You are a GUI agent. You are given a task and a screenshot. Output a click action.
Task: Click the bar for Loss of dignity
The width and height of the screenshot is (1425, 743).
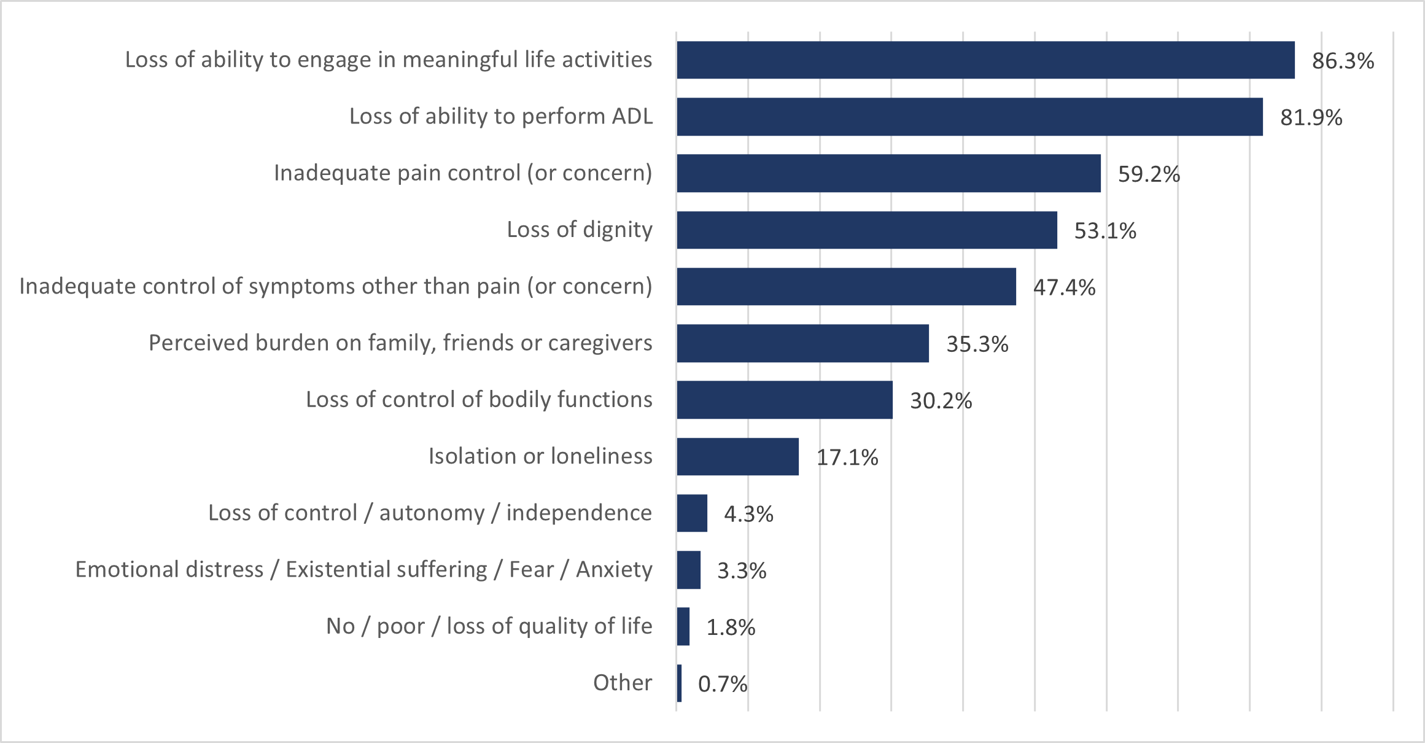866,230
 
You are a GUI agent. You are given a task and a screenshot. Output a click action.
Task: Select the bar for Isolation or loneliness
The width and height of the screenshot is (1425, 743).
737,457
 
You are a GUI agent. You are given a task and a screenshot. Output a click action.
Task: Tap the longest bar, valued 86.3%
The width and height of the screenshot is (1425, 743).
985,60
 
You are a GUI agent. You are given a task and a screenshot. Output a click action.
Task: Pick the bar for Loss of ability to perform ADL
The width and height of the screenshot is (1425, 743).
969,117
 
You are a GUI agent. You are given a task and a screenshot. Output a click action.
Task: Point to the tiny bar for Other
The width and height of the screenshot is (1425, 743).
679,683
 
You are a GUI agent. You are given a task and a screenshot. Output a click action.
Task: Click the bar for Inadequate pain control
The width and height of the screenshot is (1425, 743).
888,173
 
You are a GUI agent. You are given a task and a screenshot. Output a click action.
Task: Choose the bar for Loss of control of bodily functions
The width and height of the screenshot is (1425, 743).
785,400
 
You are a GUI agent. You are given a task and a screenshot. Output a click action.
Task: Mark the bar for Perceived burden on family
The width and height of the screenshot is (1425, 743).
802,343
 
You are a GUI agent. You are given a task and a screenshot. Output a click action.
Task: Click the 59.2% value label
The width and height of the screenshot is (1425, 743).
1149,174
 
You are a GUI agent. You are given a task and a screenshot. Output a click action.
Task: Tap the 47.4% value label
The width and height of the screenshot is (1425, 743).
1064,287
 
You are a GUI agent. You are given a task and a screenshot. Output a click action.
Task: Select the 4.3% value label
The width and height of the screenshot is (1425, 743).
748,514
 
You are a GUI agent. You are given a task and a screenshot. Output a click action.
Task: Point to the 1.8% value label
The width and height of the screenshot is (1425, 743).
731,627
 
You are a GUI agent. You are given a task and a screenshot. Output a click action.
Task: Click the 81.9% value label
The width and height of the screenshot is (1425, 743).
1311,117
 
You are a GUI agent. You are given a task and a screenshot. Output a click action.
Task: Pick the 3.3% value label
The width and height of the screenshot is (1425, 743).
742,570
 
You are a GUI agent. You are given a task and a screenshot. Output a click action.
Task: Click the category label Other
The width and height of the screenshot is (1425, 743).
622,683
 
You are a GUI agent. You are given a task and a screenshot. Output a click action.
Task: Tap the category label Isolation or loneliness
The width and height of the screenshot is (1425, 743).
540,456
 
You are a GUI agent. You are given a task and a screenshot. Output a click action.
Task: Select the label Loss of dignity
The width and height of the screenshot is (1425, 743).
579,230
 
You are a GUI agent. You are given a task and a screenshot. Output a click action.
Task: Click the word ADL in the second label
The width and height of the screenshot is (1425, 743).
632,116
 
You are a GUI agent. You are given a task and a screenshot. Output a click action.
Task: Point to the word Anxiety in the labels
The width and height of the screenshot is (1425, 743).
614,570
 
